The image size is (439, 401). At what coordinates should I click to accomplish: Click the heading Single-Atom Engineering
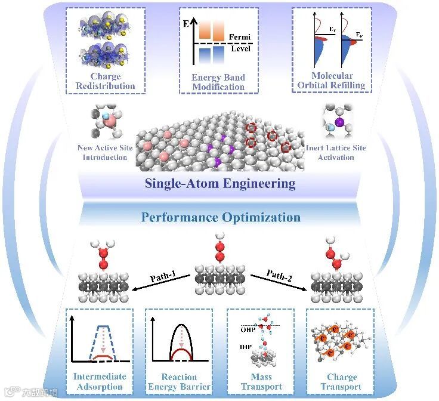220,183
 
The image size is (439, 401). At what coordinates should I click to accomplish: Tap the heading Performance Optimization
220,217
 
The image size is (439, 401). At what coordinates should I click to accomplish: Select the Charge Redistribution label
105,81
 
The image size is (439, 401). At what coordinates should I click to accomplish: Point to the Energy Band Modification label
218,82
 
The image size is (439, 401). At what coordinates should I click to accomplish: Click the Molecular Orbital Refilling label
332,80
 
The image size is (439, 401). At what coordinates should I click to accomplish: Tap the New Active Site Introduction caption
103,152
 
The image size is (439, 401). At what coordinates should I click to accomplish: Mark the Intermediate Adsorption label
100,381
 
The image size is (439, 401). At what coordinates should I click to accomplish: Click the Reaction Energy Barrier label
179,381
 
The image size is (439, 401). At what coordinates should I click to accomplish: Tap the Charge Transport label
341,381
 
